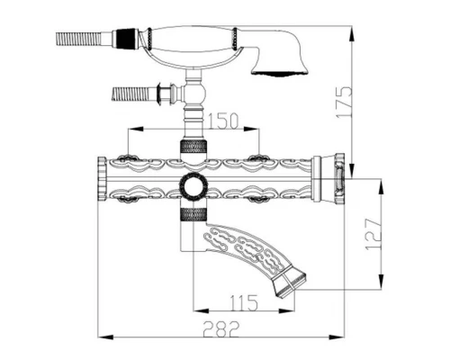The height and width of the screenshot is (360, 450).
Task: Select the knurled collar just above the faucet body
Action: pyautogui.click(x=192, y=148)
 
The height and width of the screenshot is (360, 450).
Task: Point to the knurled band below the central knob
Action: pyautogui.click(x=192, y=214)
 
